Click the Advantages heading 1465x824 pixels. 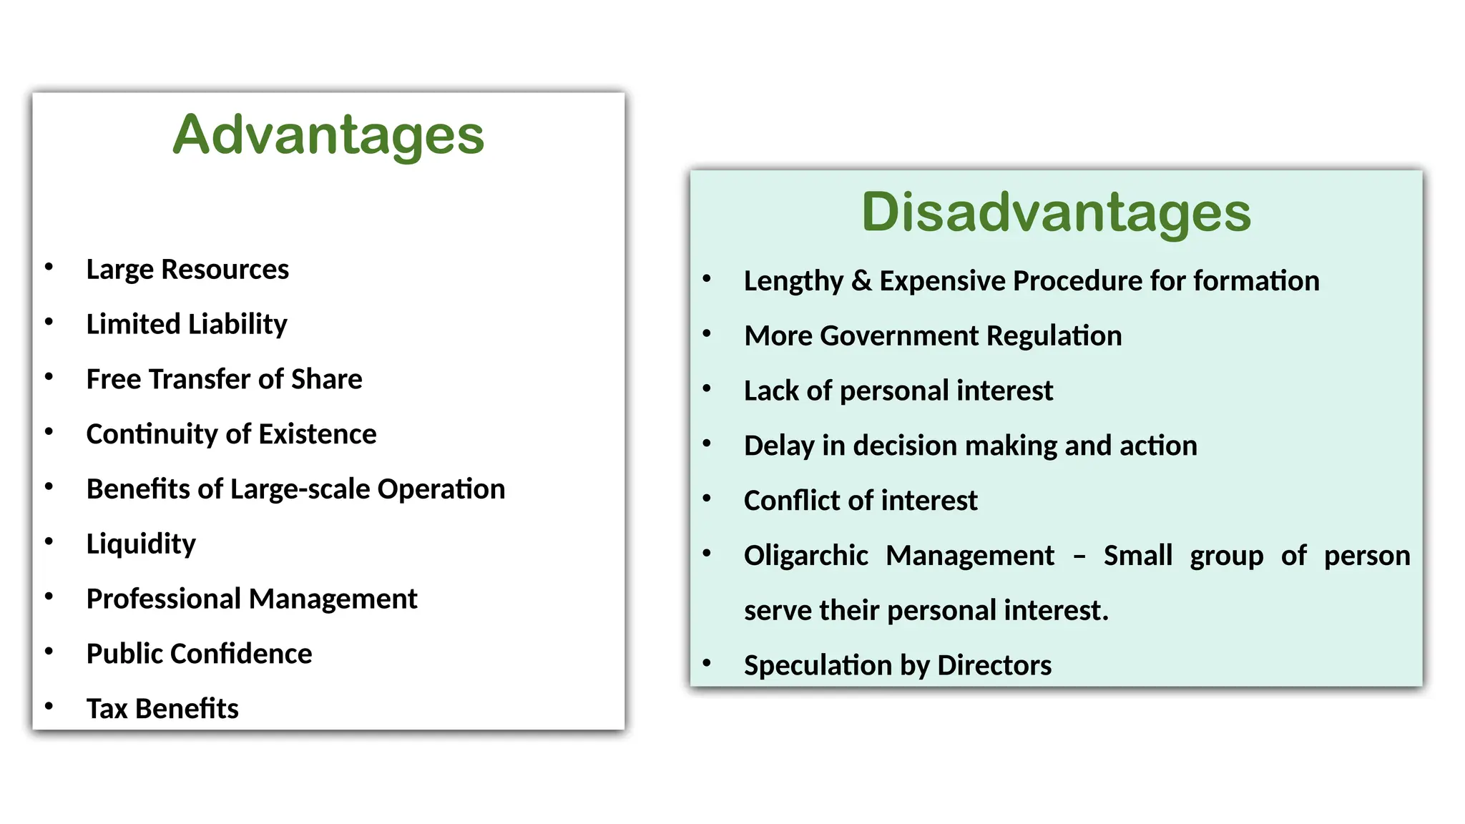[328, 135]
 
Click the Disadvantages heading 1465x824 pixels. [1056, 212]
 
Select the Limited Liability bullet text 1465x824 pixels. [187, 325]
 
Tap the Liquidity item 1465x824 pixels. [141, 544]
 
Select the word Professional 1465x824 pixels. [164, 599]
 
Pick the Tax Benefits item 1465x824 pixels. [162, 709]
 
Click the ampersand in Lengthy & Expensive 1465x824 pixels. [861, 281]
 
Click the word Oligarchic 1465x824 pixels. [805, 556]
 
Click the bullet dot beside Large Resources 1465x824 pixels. [49, 267]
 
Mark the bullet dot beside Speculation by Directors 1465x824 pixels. [707, 662]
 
